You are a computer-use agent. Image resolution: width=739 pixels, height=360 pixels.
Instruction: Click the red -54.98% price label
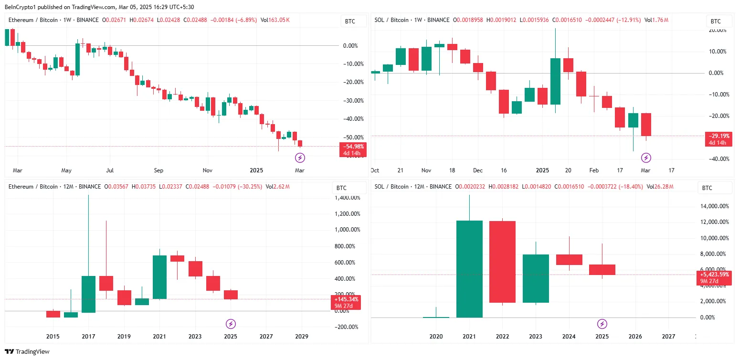pyautogui.click(x=353, y=146)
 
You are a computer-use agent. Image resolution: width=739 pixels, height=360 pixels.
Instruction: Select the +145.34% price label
pyautogui.click(x=346, y=299)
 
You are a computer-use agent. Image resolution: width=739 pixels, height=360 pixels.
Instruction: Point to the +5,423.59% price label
pyautogui.click(x=714, y=275)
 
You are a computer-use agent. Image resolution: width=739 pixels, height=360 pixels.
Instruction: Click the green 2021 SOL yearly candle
pyautogui.click(x=469, y=269)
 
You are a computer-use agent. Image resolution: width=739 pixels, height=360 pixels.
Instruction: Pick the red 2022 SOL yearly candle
pyautogui.click(x=502, y=262)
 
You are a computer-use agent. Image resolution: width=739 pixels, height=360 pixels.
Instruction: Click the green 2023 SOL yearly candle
pyautogui.click(x=536, y=278)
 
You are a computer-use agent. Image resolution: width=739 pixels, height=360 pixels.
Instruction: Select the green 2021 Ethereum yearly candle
pyautogui.click(x=159, y=277)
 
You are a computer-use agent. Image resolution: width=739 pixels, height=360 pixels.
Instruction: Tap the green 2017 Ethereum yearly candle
pyautogui.click(x=88, y=294)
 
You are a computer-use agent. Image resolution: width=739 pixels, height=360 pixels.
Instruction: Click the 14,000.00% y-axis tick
pyautogui.click(x=714, y=206)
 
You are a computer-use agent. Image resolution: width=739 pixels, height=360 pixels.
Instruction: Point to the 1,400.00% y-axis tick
pyautogui.click(x=347, y=197)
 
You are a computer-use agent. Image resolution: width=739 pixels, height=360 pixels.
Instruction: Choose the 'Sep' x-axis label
pyautogui.click(x=158, y=170)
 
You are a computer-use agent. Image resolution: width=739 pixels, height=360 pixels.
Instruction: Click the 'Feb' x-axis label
pyautogui.click(x=593, y=170)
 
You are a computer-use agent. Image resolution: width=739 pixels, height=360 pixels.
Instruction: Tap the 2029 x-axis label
pyautogui.click(x=301, y=336)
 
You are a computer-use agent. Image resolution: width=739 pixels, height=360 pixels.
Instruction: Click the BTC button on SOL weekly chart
pyautogui.click(x=716, y=21)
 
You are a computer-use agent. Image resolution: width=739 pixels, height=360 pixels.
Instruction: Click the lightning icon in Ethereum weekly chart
pyautogui.click(x=300, y=157)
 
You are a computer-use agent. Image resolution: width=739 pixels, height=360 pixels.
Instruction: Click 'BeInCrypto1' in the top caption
pyautogui.click(x=20, y=7)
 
